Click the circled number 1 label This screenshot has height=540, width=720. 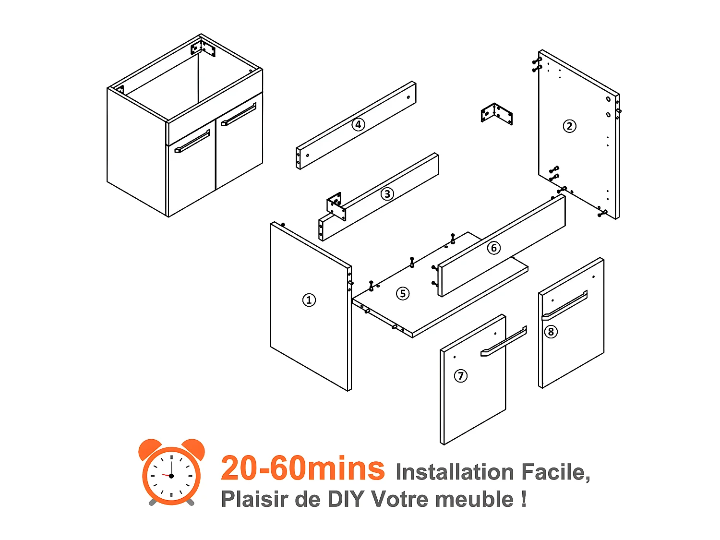click(309, 300)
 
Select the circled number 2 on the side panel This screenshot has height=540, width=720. click(569, 126)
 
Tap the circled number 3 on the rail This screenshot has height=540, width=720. click(387, 194)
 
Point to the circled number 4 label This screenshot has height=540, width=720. click(358, 125)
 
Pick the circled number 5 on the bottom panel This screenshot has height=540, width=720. click(403, 293)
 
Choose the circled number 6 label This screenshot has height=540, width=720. click(493, 248)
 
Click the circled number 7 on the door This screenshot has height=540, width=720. click(461, 375)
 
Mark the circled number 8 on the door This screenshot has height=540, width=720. click(551, 332)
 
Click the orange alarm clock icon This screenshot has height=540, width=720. click(171, 472)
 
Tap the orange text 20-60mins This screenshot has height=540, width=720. click(302, 468)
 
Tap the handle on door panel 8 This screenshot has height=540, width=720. click(565, 305)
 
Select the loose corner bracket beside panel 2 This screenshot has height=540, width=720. click(496, 114)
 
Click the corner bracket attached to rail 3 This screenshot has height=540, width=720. click(336, 206)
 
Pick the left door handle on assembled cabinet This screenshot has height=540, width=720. click(192, 142)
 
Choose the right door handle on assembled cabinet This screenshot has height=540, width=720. click(239, 115)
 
